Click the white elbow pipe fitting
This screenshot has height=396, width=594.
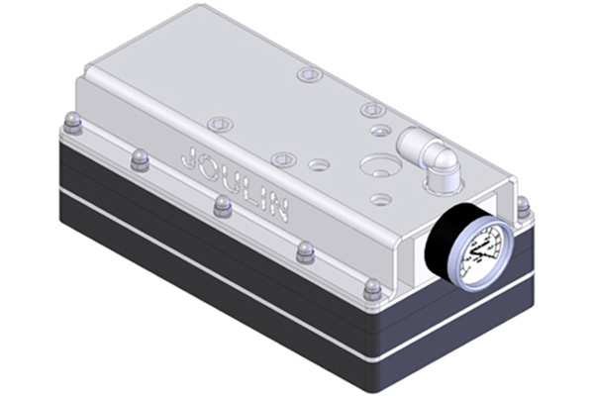tap(428, 155)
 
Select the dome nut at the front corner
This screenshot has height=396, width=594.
tap(372, 290)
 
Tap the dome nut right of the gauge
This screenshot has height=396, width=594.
tap(524, 207)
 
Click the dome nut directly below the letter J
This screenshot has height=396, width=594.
tap(140, 159)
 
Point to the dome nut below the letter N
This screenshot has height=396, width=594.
tap(306, 252)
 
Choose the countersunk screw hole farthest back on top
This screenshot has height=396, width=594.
tap(309, 74)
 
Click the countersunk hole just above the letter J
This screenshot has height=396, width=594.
tap(220, 125)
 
